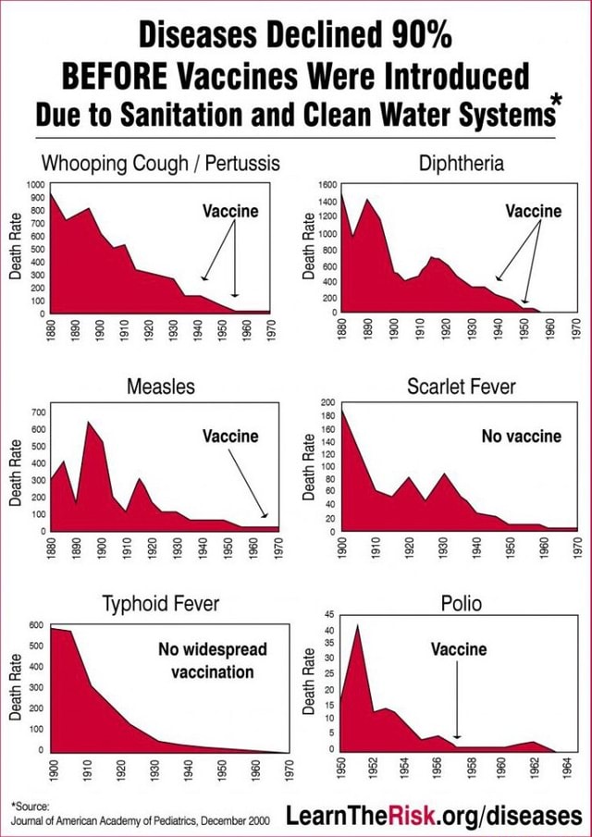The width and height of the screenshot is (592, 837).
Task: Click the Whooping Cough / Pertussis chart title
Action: pyautogui.click(x=161, y=164)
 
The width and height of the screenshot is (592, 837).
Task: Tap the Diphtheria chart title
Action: pyautogui.click(x=462, y=164)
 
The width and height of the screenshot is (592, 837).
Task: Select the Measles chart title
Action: pyautogui.click(x=161, y=386)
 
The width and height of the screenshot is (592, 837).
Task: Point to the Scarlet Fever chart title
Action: pyautogui.click(x=462, y=386)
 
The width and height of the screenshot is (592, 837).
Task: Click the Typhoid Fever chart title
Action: pyautogui.click(x=161, y=605)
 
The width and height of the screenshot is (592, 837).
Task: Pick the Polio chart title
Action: pyautogui.click(x=462, y=605)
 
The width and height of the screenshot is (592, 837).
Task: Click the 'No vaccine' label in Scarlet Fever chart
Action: pyautogui.click(x=521, y=436)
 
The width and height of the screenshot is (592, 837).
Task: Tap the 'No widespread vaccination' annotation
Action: pyautogui.click(x=212, y=660)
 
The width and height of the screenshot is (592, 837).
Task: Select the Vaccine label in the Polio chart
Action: pyautogui.click(x=458, y=649)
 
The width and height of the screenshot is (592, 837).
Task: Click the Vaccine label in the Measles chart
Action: pyautogui.click(x=230, y=436)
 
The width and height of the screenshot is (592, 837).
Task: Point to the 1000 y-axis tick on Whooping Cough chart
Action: pyautogui.click(x=35, y=185)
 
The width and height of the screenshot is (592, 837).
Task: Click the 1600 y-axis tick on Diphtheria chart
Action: pyautogui.click(x=328, y=186)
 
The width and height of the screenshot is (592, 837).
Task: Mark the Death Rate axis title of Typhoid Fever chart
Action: pyautogui.click(x=15, y=687)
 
